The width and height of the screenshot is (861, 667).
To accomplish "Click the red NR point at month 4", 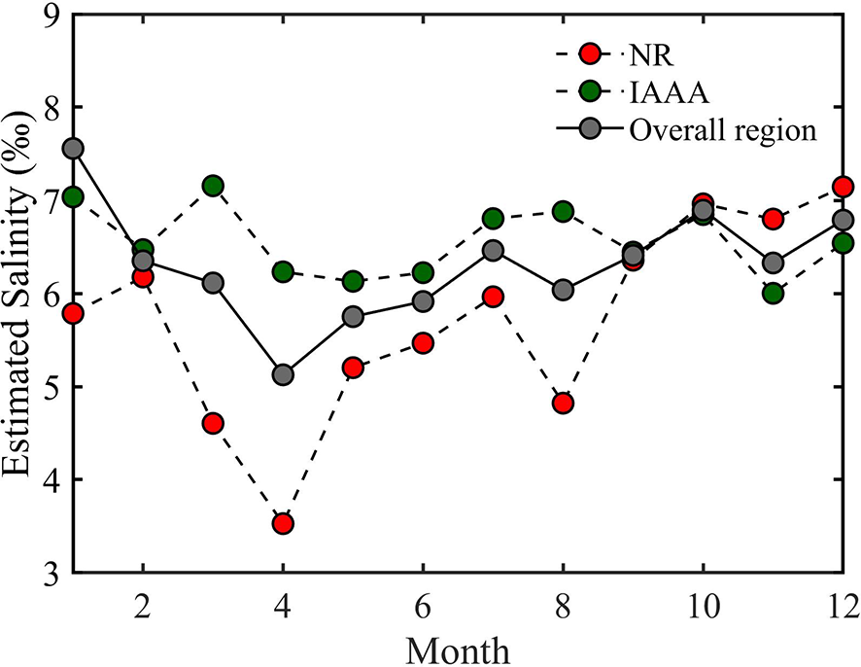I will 283,524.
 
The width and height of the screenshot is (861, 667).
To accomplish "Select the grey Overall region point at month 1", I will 73,149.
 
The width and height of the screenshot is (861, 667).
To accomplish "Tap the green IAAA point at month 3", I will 213,186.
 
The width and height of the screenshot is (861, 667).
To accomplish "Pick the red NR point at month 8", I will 563,403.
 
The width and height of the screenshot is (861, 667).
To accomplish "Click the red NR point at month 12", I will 843,187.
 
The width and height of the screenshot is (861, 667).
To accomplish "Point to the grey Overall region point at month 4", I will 283,374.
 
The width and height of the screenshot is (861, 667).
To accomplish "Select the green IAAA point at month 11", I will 773,293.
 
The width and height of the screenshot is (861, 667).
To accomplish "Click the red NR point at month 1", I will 73,313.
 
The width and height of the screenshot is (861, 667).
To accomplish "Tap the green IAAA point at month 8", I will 563,212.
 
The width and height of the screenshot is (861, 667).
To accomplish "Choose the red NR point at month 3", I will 213,423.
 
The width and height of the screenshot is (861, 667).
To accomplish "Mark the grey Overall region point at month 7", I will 493,251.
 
